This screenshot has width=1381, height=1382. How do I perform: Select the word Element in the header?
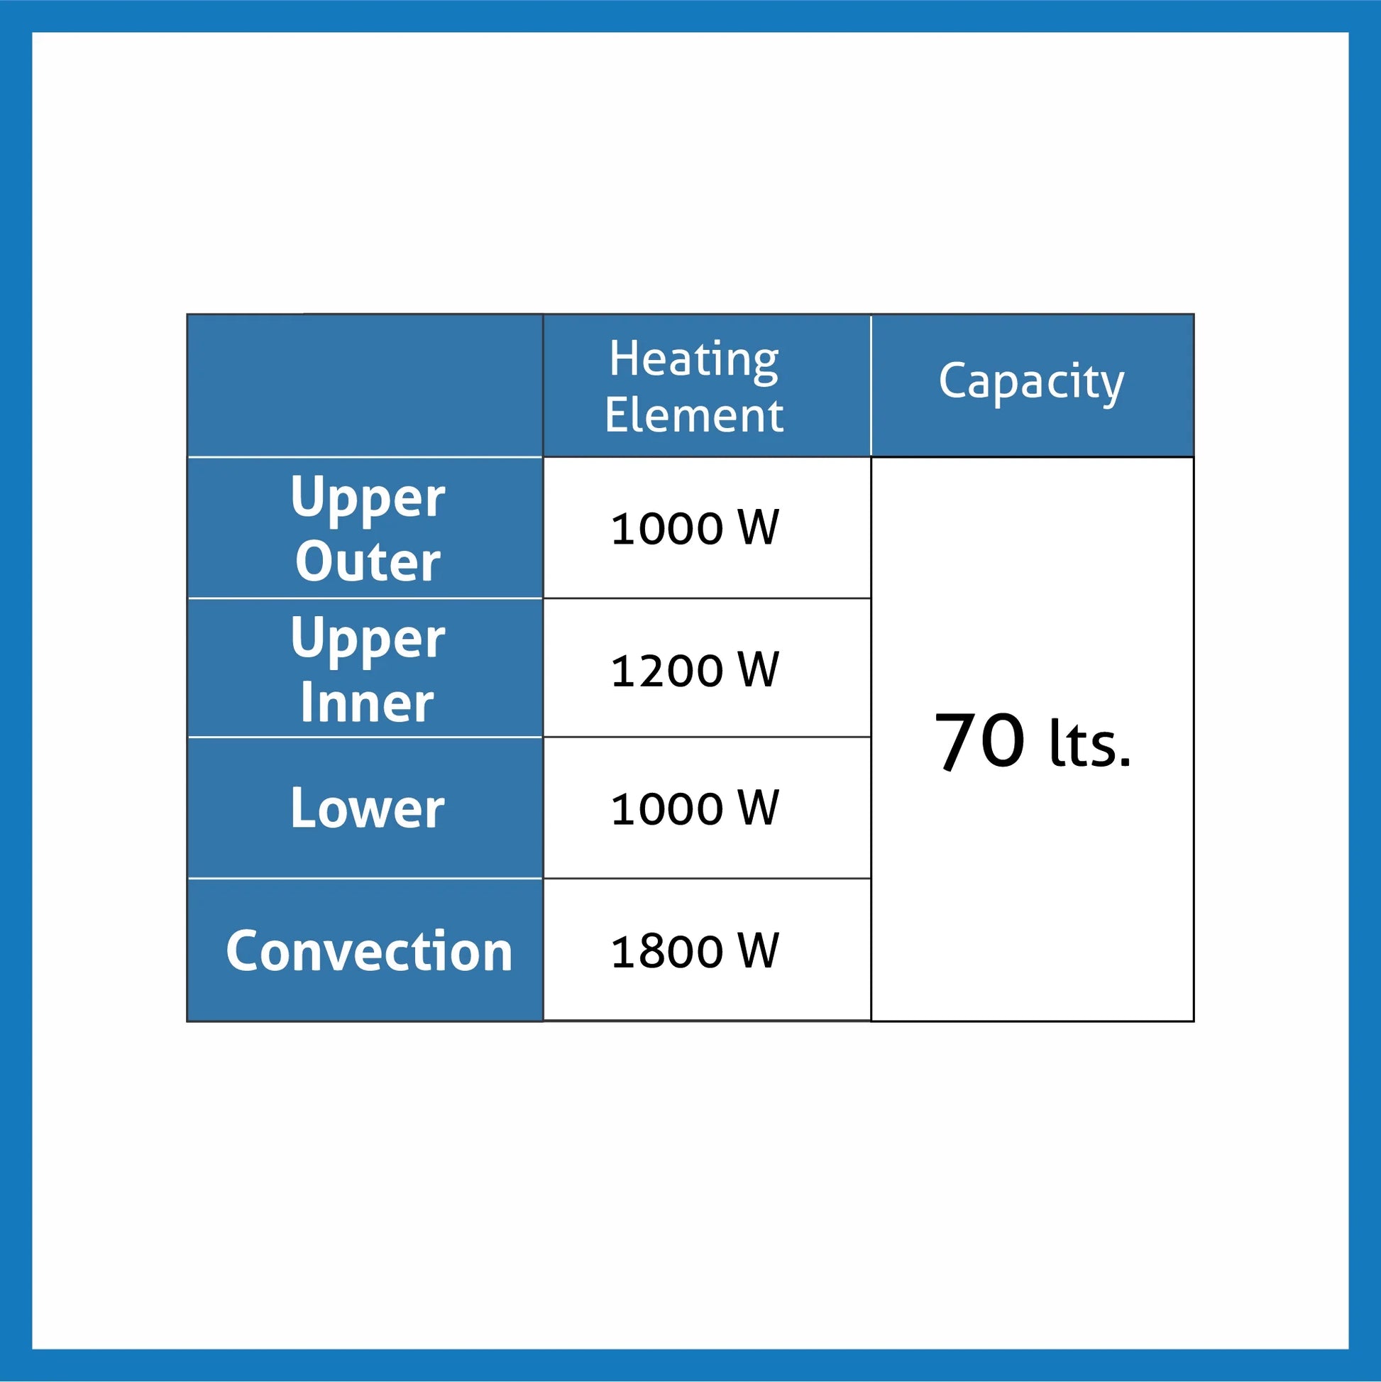694,416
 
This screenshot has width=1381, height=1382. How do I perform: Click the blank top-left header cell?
365,385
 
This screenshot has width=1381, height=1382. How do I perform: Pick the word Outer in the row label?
368,561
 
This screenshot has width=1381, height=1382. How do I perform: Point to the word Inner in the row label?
367,703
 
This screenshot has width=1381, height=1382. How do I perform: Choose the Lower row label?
368,808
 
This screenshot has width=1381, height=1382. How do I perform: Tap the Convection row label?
369,951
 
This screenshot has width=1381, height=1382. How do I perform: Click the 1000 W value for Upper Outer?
695,529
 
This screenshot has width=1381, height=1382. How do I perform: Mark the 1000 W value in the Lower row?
695,809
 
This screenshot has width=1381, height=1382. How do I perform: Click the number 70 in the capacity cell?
980,741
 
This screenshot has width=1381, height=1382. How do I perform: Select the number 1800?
666,951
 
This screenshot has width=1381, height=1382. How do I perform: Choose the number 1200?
666,670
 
